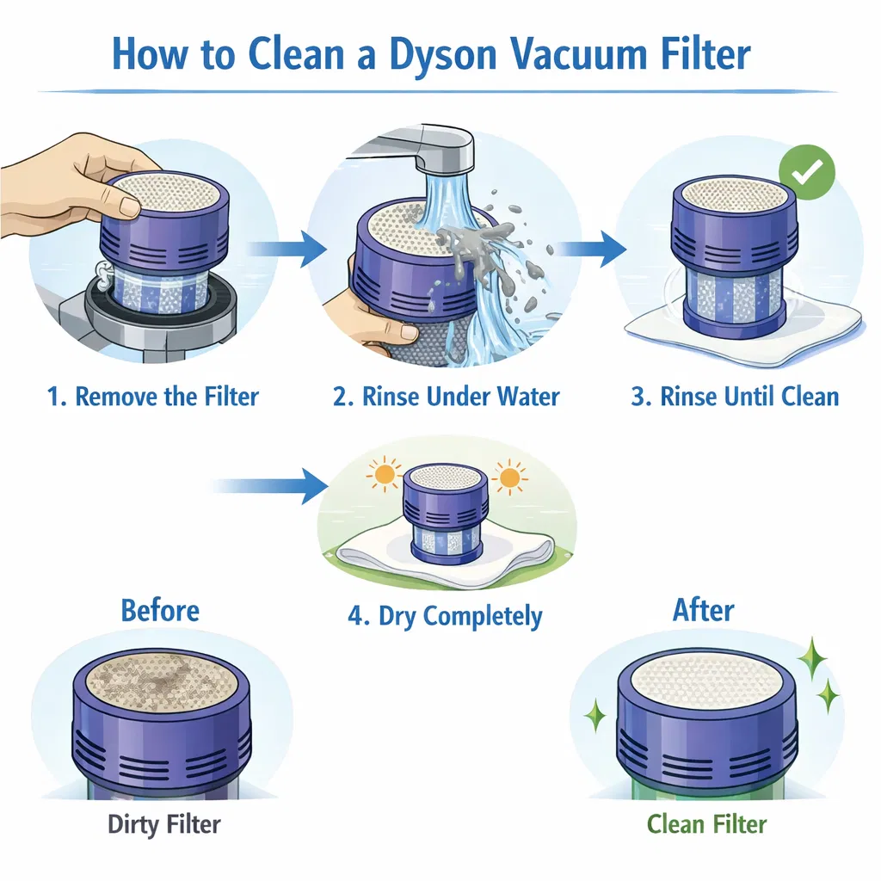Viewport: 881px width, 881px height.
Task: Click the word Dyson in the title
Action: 443,54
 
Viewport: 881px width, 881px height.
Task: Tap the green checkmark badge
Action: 807,172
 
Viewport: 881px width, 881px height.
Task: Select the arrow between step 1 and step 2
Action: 287,248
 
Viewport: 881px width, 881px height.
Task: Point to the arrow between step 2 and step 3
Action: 590,248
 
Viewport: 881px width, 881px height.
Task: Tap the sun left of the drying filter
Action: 385,475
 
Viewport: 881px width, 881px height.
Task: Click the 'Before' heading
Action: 160,611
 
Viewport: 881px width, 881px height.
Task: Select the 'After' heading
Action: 704,610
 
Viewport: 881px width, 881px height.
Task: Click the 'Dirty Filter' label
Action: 164,825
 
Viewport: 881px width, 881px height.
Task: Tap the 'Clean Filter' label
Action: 706,825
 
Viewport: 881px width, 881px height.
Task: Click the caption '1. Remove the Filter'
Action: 153,397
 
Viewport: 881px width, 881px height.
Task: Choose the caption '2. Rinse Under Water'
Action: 447,397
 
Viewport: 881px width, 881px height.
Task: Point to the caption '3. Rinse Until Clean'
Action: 735,397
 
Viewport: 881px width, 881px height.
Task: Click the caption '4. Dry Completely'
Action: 445,617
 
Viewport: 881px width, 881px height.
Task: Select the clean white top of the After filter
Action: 707,681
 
